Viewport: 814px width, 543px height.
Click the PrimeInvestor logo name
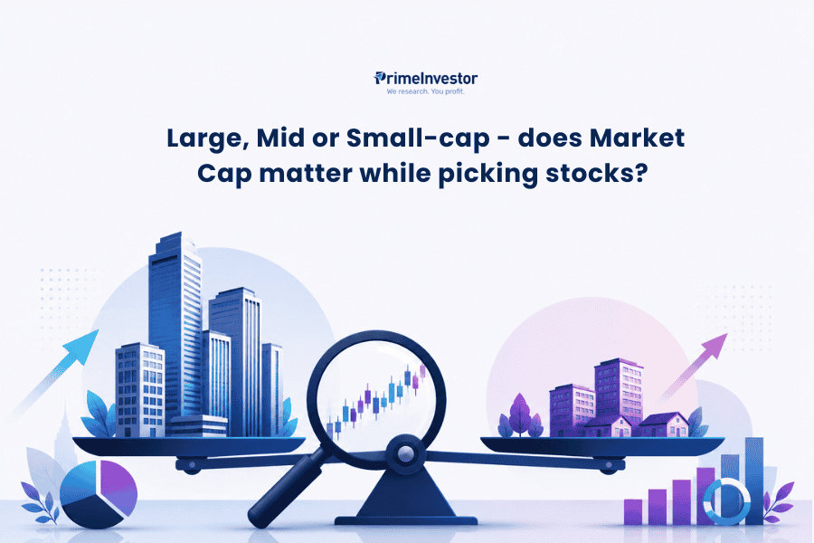pos(426,79)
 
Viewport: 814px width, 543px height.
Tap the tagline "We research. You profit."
pos(426,92)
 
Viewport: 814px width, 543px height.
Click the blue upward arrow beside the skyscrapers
pos(54,371)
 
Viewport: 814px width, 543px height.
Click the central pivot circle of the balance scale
pos(405,454)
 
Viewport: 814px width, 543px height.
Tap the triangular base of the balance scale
pos(405,493)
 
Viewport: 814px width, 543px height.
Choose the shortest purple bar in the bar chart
pos(633,512)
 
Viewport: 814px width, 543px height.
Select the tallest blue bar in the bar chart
pos(754,481)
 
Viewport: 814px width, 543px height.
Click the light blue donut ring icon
pos(726,501)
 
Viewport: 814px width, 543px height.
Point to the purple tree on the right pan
pos(520,415)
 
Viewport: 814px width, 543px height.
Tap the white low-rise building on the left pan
pos(140,390)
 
